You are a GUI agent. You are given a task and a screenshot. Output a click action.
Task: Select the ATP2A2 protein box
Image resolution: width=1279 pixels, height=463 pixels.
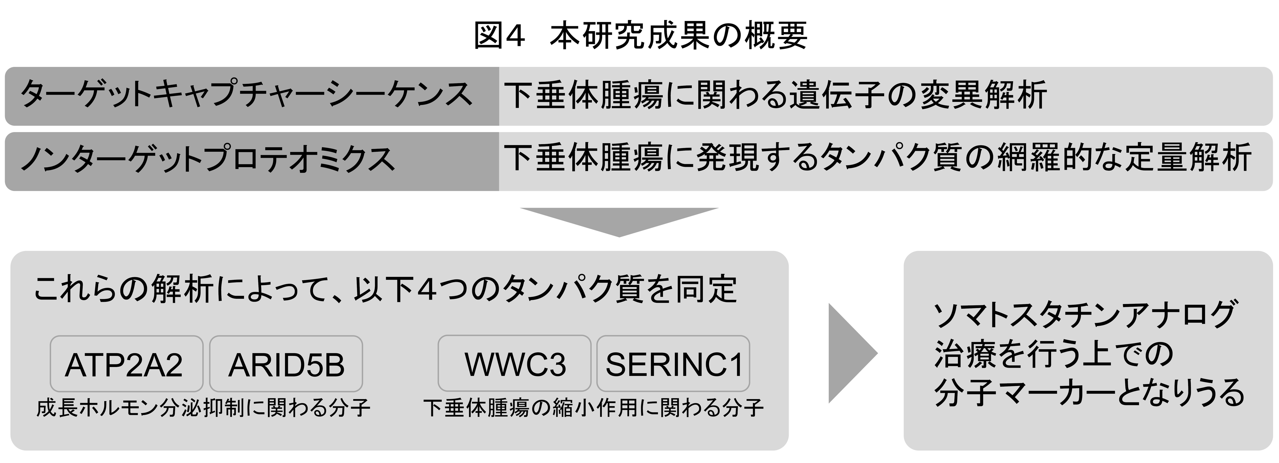coord(126,364)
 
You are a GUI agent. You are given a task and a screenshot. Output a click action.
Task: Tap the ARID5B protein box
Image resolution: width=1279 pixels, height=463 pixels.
coord(286,364)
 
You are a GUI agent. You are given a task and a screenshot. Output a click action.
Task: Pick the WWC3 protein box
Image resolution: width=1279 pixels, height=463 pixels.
coord(514,364)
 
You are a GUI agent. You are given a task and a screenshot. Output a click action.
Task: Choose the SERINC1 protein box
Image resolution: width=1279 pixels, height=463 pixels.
coord(673,364)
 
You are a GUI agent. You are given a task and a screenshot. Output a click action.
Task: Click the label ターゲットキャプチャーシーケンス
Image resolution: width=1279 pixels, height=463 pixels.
coord(246,95)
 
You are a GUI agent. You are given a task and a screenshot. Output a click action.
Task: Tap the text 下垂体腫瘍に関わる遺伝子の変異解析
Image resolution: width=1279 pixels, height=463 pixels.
coord(775,95)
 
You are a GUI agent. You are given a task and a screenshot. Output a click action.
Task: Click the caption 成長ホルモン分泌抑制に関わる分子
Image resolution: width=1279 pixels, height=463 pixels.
coord(203,408)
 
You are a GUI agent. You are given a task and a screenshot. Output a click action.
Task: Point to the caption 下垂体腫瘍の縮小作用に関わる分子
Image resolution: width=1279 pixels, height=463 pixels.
coord(593,408)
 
